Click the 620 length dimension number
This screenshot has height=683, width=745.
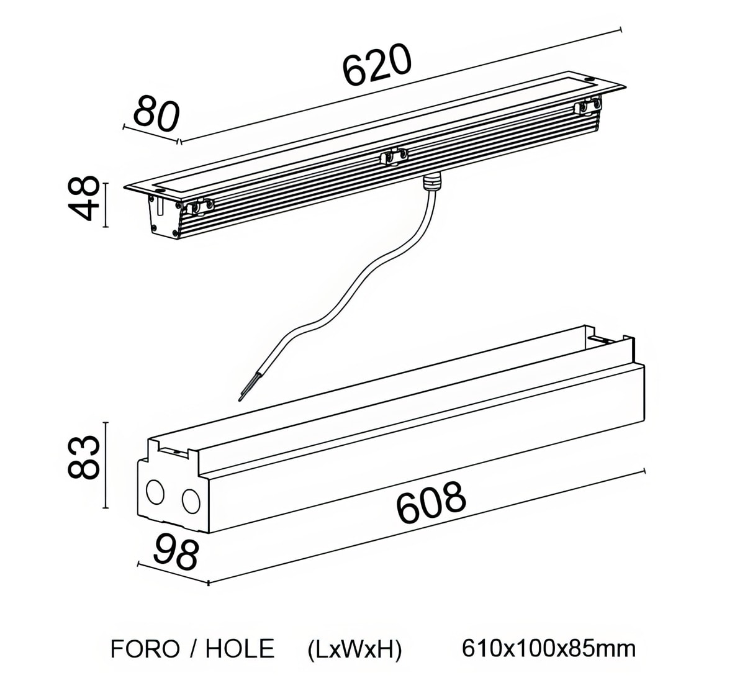tap(377, 65)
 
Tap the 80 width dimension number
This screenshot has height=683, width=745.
tap(156, 114)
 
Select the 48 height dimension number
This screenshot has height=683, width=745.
tap(84, 199)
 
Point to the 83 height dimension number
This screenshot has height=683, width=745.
tap(84, 458)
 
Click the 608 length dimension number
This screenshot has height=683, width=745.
tap(431, 502)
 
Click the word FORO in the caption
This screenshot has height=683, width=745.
tap(145, 649)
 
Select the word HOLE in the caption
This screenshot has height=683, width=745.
tap(240, 649)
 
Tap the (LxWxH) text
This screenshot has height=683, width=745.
tap(355, 649)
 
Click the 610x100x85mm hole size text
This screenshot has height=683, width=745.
tap(549, 649)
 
